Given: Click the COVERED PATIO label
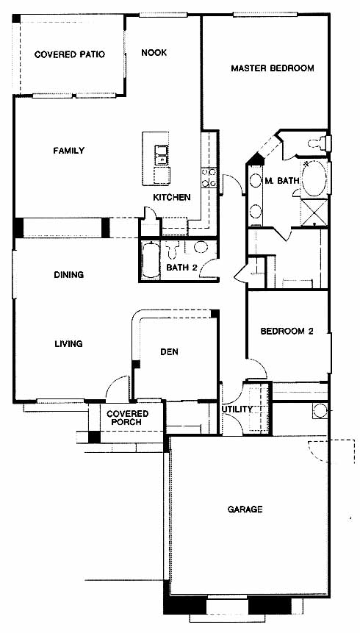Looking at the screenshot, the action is click(69, 54).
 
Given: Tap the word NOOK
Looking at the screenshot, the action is click(154, 53).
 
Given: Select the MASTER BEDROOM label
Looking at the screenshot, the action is click(273, 68).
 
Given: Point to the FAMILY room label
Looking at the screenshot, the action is click(69, 151).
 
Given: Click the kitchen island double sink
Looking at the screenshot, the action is click(162, 155).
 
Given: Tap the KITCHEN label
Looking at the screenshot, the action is click(171, 198).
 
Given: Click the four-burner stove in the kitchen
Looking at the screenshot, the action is click(209, 178).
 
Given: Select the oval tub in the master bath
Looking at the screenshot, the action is click(314, 179).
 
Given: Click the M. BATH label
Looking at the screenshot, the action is click(282, 182).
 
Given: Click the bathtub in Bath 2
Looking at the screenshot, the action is click(151, 260).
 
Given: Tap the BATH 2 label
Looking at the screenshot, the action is click(181, 268).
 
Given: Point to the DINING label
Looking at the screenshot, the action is click(68, 275).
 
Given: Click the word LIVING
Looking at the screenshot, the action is click(68, 344).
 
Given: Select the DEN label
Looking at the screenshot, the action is click(170, 352).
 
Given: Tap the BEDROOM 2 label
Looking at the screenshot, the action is click(287, 332).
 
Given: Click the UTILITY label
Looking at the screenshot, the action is click(237, 410).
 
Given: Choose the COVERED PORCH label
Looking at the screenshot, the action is click(127, 418).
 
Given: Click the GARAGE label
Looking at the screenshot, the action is click(245, 509).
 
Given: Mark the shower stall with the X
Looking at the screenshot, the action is click(314, 212).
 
